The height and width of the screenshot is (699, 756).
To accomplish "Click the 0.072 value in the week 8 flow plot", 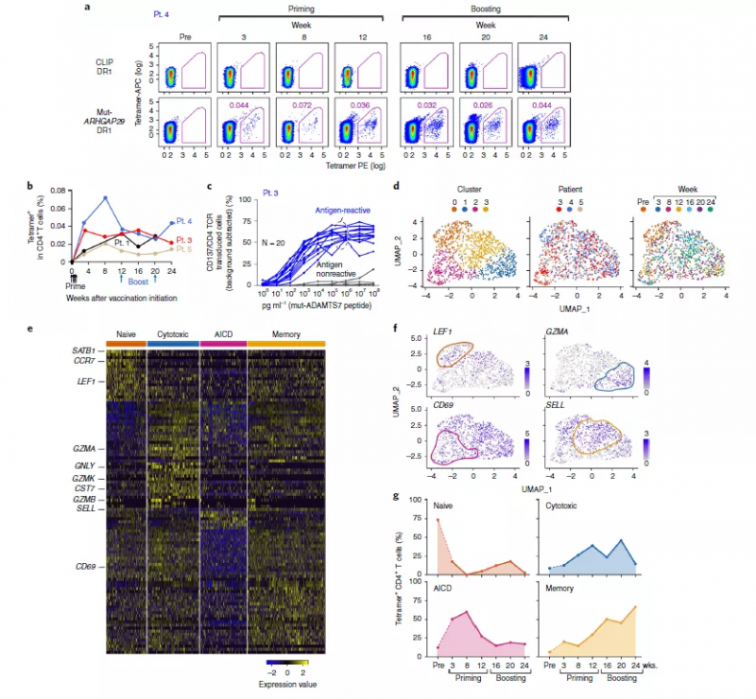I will coord(301,96).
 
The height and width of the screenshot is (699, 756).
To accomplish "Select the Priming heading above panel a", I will coord(299,8).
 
